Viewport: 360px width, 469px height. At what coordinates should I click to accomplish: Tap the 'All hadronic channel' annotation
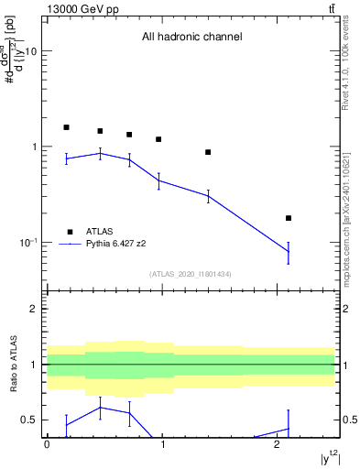pyautogui.click(x=191, y=38)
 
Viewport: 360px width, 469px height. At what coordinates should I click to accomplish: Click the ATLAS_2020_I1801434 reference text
pyautogui.click(x=191, y=274)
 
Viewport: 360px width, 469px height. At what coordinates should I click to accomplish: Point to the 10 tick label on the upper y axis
pyautogui.click(x=30, y=51)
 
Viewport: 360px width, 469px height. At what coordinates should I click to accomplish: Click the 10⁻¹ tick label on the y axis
pyautogui.click(x=27, y=242)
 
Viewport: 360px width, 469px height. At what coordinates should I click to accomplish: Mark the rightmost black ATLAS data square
pyautogui.click(x=289, y=218)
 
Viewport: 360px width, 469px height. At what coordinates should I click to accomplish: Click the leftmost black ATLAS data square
pyautogui.click(x=66, y=127)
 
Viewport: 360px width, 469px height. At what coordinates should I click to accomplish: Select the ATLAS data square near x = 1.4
pyautogui.click(x=208, y=152)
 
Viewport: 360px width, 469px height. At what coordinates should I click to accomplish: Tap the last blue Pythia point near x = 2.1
pyautogui.click(x=289, y=252)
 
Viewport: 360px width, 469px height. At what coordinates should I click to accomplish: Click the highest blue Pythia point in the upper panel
pyautogui.click(x=100, y=153)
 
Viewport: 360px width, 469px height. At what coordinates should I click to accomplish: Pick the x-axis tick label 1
pyautogui.click(x=162, y=443)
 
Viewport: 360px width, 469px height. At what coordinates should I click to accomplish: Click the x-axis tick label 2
pyautogui.click(x=278, y=443)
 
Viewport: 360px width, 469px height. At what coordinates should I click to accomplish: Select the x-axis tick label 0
pyautogui.click(x=47, y=443)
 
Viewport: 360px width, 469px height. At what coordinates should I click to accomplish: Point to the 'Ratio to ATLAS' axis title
pyautogui.click(x=12, y=365)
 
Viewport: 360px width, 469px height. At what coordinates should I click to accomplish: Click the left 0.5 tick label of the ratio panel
pyautogui.click(x=30, y=420)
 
